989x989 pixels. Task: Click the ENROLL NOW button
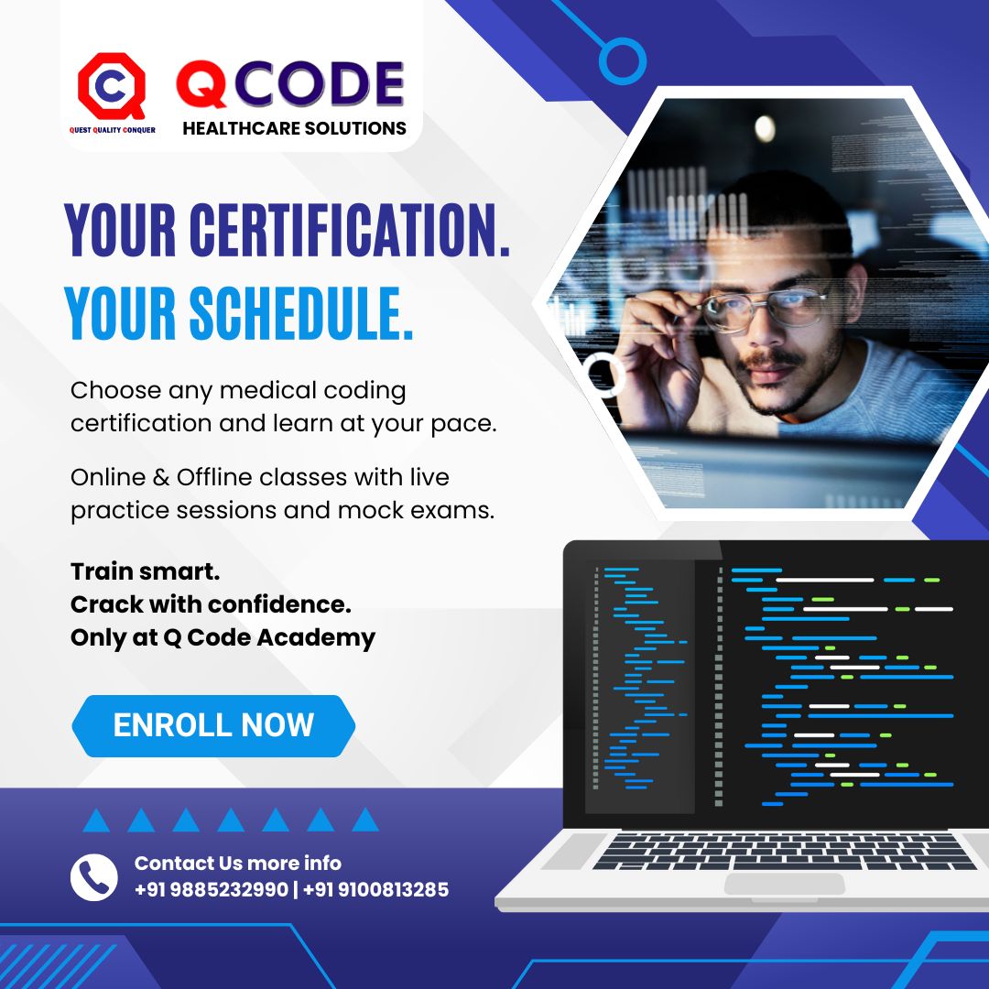[x=213, y=725]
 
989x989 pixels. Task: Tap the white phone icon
[x=93, y=876]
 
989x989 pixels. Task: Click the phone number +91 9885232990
[x=211, y=889]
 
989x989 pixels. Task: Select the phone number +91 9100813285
[x=375, y=889]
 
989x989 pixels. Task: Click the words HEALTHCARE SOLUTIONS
[x=294, y=128]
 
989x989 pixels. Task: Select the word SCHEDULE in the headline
[x=297, y=313]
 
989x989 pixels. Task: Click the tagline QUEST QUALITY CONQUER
[x=112, y=130]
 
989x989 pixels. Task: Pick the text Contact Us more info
[x=238, y=863]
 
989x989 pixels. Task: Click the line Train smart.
[x=145, y=572]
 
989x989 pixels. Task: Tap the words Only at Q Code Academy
[x=223, y=637]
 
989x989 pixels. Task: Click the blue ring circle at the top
[x=623, y=61]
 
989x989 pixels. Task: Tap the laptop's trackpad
[x=785, y=884]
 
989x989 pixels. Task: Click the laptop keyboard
[x=785, y=849]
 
